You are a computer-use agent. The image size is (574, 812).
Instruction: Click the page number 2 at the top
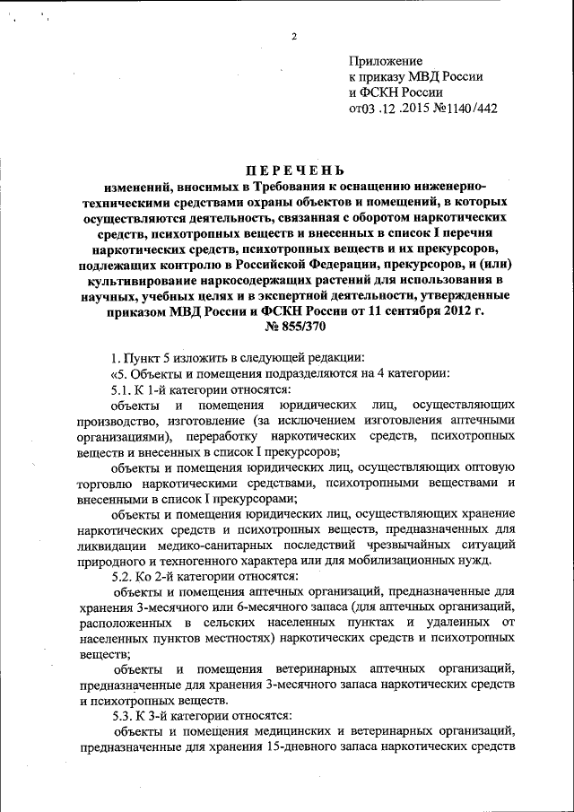pyautogui.click(x=293, y=37)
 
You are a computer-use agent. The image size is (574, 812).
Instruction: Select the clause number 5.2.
pyautogui.click(x=114, y=575)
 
